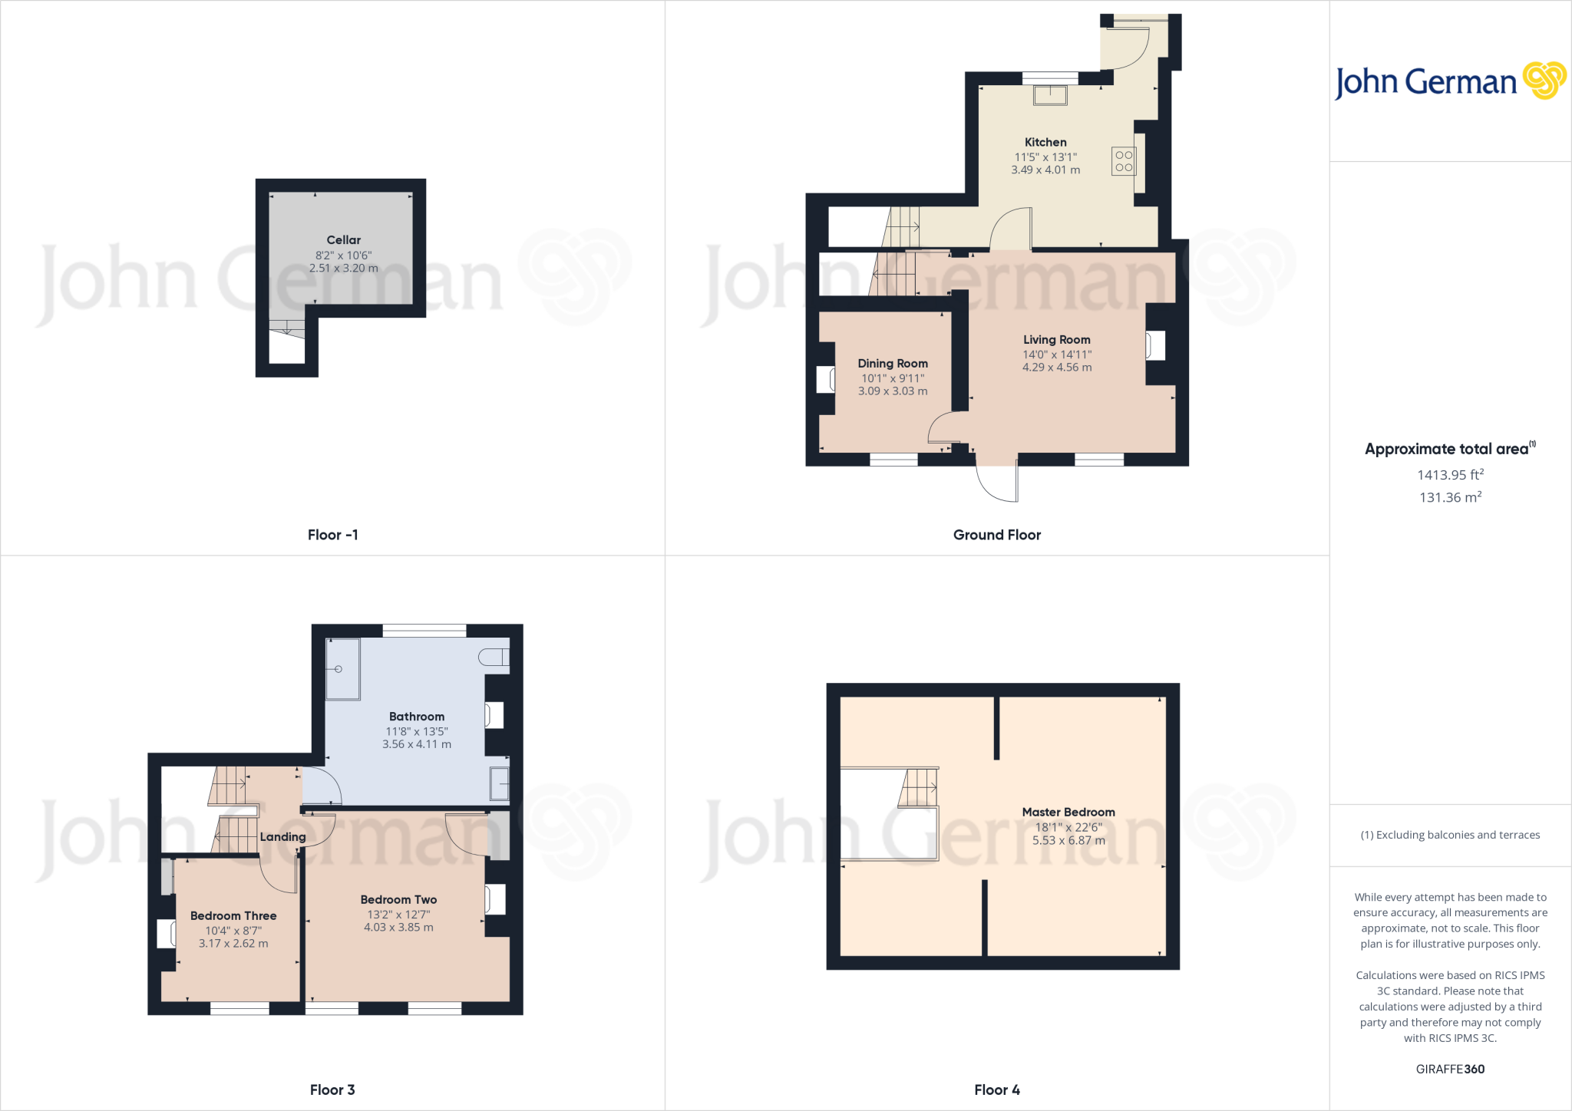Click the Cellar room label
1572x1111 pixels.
[x=343, y=240]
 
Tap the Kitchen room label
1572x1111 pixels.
[x=1045, y=142]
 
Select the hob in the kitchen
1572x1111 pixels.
[x=1124, y=161]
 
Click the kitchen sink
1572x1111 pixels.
[x=1050, y=95]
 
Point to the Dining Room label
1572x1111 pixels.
[x=893, y=364]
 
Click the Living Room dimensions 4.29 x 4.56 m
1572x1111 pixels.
[x=1057, y=368]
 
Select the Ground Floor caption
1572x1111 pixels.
[x=996, y=535]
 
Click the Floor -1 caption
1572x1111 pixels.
[x=332, y=535]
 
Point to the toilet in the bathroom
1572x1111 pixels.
[x=494, y=657]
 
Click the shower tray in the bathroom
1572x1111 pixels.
[x=342, y=669]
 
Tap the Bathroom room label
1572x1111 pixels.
[x=416, y=717]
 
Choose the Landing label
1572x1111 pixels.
[x=282, y=837]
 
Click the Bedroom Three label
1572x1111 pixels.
[x=233, y=916]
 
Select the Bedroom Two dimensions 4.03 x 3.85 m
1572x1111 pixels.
[x=398, y=928]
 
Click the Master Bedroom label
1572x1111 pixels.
[x=1068, y=812]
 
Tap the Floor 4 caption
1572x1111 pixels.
[x=996, y=1090]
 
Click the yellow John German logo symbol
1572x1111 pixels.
[x=1544, y=81]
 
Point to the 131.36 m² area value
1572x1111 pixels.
[x=1450, y=497]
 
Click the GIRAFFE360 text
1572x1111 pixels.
[x=1450, y=1069]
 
